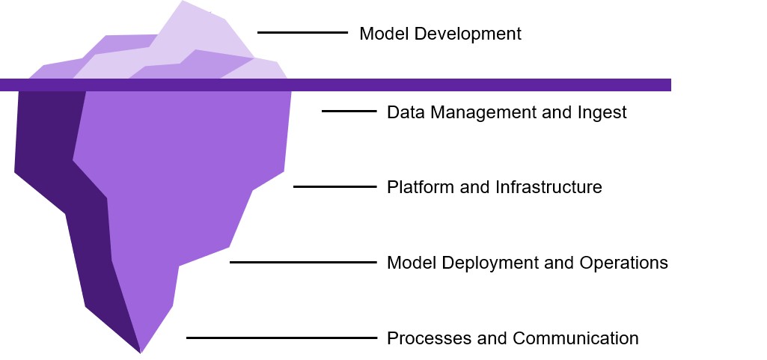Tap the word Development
pos(465,34)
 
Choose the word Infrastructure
pos(548,187)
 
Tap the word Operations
pos(623,263)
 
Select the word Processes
pos(422,338)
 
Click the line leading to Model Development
pos(302,33)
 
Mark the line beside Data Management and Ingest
pos(349,112)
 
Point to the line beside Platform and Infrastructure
pos(334,186)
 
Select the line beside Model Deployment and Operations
pos(303,262)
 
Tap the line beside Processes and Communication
pos(281,338)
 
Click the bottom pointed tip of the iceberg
pos(141,352)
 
